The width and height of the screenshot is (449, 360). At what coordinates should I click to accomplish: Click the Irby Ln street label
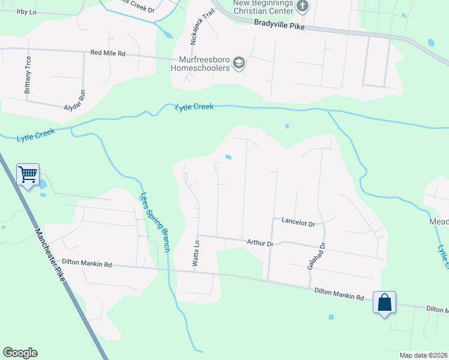pyautogui.click(x=26, y=12)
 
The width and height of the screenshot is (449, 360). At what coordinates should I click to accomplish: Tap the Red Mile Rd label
pyautogui.click(x=107, y=53)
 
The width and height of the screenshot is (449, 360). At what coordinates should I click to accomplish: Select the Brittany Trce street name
pyautogui.click(x=27, y=75)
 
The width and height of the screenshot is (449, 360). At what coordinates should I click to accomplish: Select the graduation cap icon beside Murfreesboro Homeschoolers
pyautogui.click(x=239, y=64)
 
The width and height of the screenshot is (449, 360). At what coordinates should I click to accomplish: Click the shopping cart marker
pyautogui.click(x=28, y=175)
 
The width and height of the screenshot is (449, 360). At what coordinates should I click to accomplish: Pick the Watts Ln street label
pyautogui.click(x=196, y=254)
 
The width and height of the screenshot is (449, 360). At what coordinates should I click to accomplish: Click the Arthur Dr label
pyautogui.click(x=260, y=243)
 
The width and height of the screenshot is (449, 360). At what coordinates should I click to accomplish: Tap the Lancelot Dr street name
pyautogui.click(x=298, y=222)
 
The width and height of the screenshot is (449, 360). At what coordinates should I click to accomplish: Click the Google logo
pyautogui.click(x=20, y=353)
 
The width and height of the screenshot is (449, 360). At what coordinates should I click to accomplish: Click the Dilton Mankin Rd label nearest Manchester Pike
pyautogui.click(x=87, y=263)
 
